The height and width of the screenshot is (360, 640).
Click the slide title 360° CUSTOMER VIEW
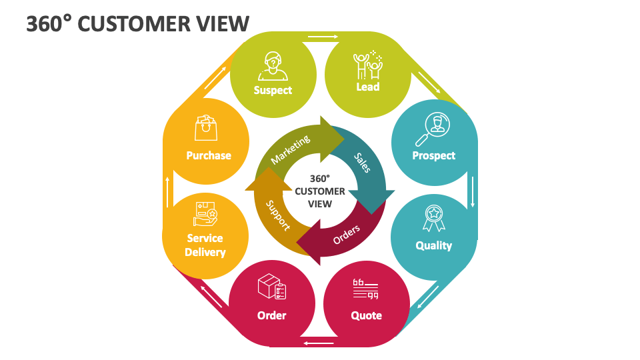(138, 24)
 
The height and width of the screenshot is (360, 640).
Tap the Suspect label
(273, 90)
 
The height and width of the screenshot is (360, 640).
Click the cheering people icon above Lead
(367, 65)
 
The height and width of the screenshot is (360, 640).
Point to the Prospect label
(434, 155)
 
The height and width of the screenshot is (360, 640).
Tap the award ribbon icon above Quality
(433, 218)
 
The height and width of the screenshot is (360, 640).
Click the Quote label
(367, 315)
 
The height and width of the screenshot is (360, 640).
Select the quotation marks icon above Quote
(366, 289)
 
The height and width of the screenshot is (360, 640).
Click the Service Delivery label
(205, 245)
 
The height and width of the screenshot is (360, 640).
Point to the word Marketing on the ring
(291, 150)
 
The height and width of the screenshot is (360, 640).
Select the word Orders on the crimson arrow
(347, 234)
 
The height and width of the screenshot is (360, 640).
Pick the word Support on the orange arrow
(278, 215)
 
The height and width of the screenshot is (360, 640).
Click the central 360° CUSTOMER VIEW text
(320, 191)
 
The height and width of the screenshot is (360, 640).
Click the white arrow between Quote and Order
(319, 343)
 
